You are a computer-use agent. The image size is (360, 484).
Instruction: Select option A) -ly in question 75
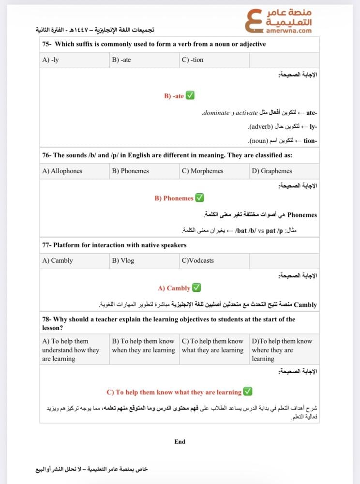click(50, 60)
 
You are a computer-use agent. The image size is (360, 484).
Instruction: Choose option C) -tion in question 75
click(193, 60)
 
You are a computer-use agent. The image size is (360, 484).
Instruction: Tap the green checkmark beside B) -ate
click(190, 96)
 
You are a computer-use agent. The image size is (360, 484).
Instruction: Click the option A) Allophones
click(62, 171)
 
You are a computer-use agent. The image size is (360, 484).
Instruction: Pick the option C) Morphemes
click(202, 171)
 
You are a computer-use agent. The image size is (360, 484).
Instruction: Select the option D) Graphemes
click(272, 171)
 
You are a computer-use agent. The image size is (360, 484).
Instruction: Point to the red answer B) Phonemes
click(174, 198)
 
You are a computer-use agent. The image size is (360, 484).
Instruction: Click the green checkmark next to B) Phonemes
click(199, 198)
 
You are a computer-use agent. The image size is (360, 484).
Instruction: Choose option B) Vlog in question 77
click(123, 260)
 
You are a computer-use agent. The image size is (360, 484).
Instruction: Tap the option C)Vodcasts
click(197, 260)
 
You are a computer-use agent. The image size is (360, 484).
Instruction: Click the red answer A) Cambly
click(174, 288)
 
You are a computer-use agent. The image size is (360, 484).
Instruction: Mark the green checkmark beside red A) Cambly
click(196, 287)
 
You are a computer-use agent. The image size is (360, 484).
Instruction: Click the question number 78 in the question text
click(46, 319)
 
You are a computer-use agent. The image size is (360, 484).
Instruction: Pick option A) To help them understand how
click(70, 350)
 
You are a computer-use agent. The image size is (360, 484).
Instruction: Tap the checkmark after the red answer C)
click(248, 392)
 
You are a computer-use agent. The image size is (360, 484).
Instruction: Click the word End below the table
click(180, 441)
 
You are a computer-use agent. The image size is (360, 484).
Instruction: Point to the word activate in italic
click(247, 113)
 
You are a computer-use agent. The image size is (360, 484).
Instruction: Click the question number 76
click(46, 155)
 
